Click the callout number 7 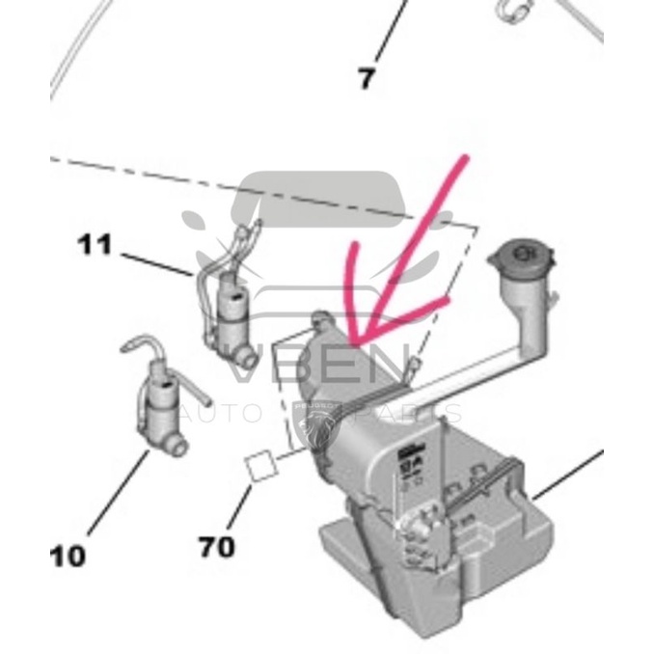click(x=366, y=78)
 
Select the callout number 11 click(x=95, y=245)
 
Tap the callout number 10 click(x=68, y=556)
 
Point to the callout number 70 click(x=217, y=547)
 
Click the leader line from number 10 click(x=121, y=492)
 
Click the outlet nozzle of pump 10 click(x=177, y=446)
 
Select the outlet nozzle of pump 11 click(x=248, y=360)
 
